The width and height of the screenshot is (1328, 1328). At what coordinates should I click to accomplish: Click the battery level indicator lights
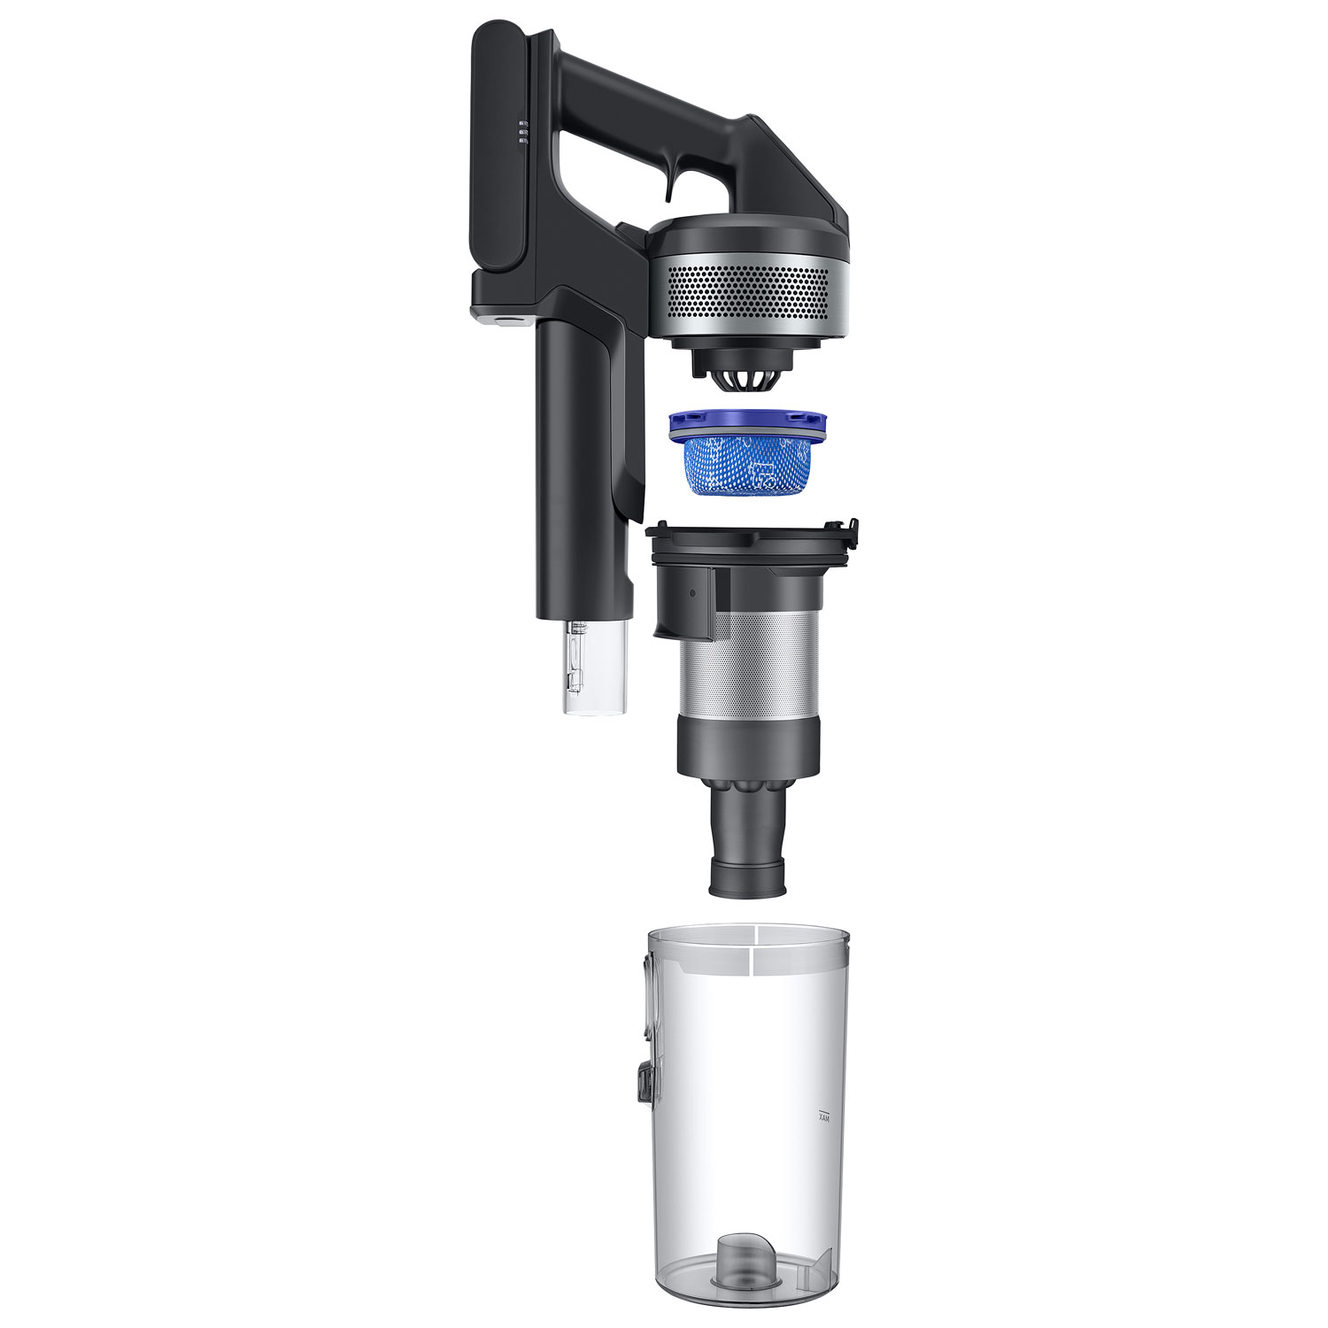pyautogui.click(x=523, y=133)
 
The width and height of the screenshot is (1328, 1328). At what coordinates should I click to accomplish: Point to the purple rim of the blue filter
pyautogui.click(x=748, y=423)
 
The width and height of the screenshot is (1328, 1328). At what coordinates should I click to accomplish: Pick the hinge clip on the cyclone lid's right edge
pyautogui.click(x=852, y=533)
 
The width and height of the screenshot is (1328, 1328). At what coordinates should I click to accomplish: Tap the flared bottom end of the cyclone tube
pyautogui.click(x=747, y=876)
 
